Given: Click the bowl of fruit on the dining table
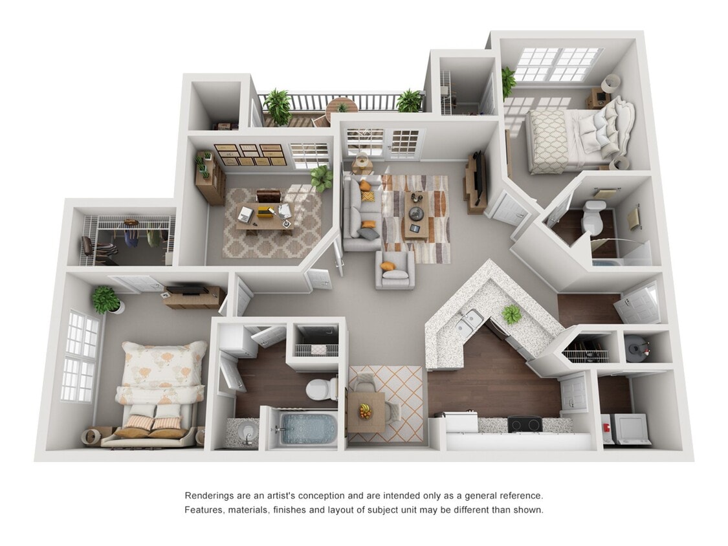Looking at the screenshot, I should pos(366,411).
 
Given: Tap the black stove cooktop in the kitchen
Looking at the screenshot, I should pos(524,424).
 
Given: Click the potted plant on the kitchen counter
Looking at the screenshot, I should pos(511,315).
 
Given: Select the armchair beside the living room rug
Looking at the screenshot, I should pos(395,269).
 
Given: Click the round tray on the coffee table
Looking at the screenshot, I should pos(415,213).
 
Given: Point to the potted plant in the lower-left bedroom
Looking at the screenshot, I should pos(105,299).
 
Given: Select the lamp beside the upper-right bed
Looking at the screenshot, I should pos(610,84).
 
